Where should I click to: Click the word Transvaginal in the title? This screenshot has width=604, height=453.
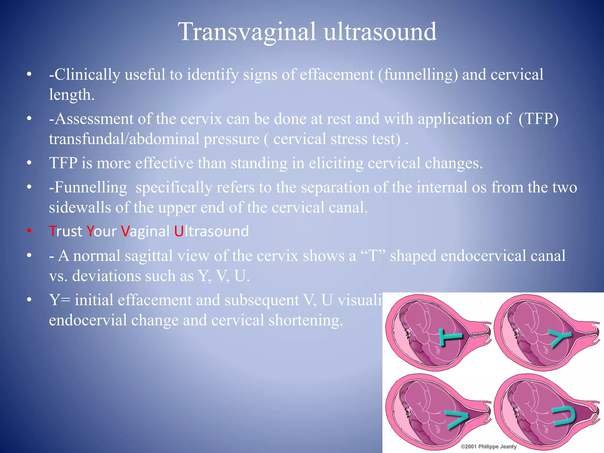click(x=247, y=32)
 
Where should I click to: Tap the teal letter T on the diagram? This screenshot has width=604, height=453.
click(x=449, y=337)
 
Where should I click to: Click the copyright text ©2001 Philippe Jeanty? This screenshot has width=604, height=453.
click(x=489, y=447)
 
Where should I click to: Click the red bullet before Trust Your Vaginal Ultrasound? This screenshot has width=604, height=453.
click(x=29, y=231)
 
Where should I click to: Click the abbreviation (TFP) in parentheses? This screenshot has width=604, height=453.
click(x=538, y=119)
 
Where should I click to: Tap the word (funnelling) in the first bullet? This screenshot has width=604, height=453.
click(x=418, y=74)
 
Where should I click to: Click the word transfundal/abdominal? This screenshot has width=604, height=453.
click(x=124, y=139)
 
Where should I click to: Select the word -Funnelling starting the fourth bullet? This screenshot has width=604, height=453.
click(x=88, y=187)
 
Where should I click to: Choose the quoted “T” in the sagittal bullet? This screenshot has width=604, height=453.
click(x=373, y=256)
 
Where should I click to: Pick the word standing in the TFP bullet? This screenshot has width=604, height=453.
click(x=259, y=163)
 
